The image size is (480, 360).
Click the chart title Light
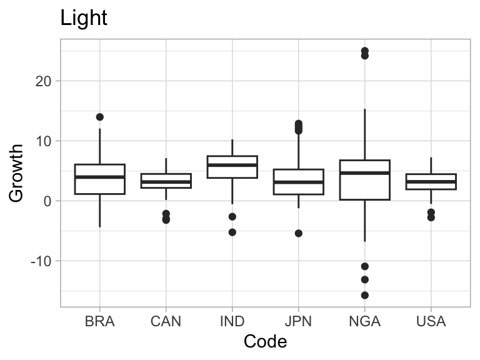(x=84, y=17)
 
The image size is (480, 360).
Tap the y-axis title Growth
(x=16, y=173)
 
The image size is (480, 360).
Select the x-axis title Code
(x=265, y=341)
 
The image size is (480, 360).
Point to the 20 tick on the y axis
(x=43, y=81)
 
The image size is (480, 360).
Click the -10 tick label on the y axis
(x=41, y=261)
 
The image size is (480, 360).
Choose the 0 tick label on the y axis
(x=47, y=201)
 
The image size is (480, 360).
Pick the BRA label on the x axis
(x=100, y=321)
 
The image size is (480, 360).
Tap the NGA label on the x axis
(x=364, y=321)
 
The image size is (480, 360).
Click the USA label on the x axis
(x=431, y=321)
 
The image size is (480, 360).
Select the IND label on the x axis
(x=232, y=321)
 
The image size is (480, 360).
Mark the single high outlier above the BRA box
(x=100, y=117)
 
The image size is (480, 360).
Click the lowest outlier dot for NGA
(x=364, y=296)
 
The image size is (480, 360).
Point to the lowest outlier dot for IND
(x=232, y=232)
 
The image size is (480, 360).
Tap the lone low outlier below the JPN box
(x=299, y=234)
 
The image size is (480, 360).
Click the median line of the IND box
(x=232, y=165)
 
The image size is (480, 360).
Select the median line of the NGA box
(x=364, y=173)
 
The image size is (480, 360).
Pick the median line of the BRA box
(x=100, y=177)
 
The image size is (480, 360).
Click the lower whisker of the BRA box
(x=100, y=211)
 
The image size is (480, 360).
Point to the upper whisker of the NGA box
(x=364, y=135)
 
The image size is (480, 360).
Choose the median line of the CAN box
(x=166, y=182)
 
